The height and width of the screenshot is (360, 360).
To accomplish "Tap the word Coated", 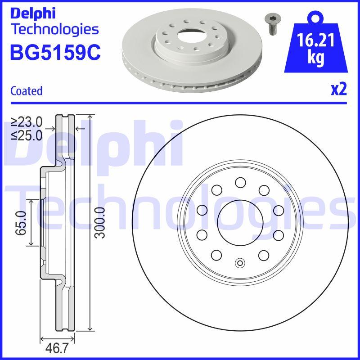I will [26, 91].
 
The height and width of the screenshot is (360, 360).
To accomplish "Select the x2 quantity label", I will [339, 90].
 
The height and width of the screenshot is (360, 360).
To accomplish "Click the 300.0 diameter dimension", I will [100, 223].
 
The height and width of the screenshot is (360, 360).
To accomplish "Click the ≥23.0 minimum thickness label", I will [27, 122].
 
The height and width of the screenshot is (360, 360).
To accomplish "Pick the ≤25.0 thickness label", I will [27, 135].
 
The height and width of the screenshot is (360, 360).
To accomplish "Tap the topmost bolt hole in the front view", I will [240, 182].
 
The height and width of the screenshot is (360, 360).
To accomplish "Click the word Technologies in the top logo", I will [54, 29].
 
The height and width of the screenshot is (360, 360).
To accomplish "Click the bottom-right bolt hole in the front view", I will [263, 255].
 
